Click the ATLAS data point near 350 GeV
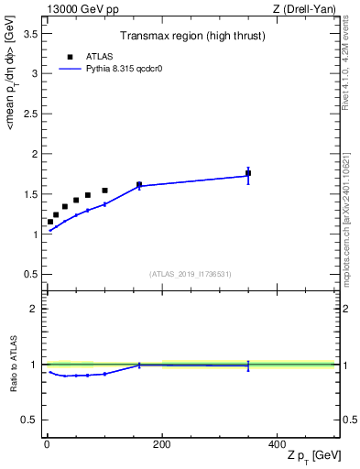[x=248, y=173]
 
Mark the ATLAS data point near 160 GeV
[x=139, y=184]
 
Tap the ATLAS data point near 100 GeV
[x=104, y=191]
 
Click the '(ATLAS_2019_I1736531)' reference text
[x=191, y=274]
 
